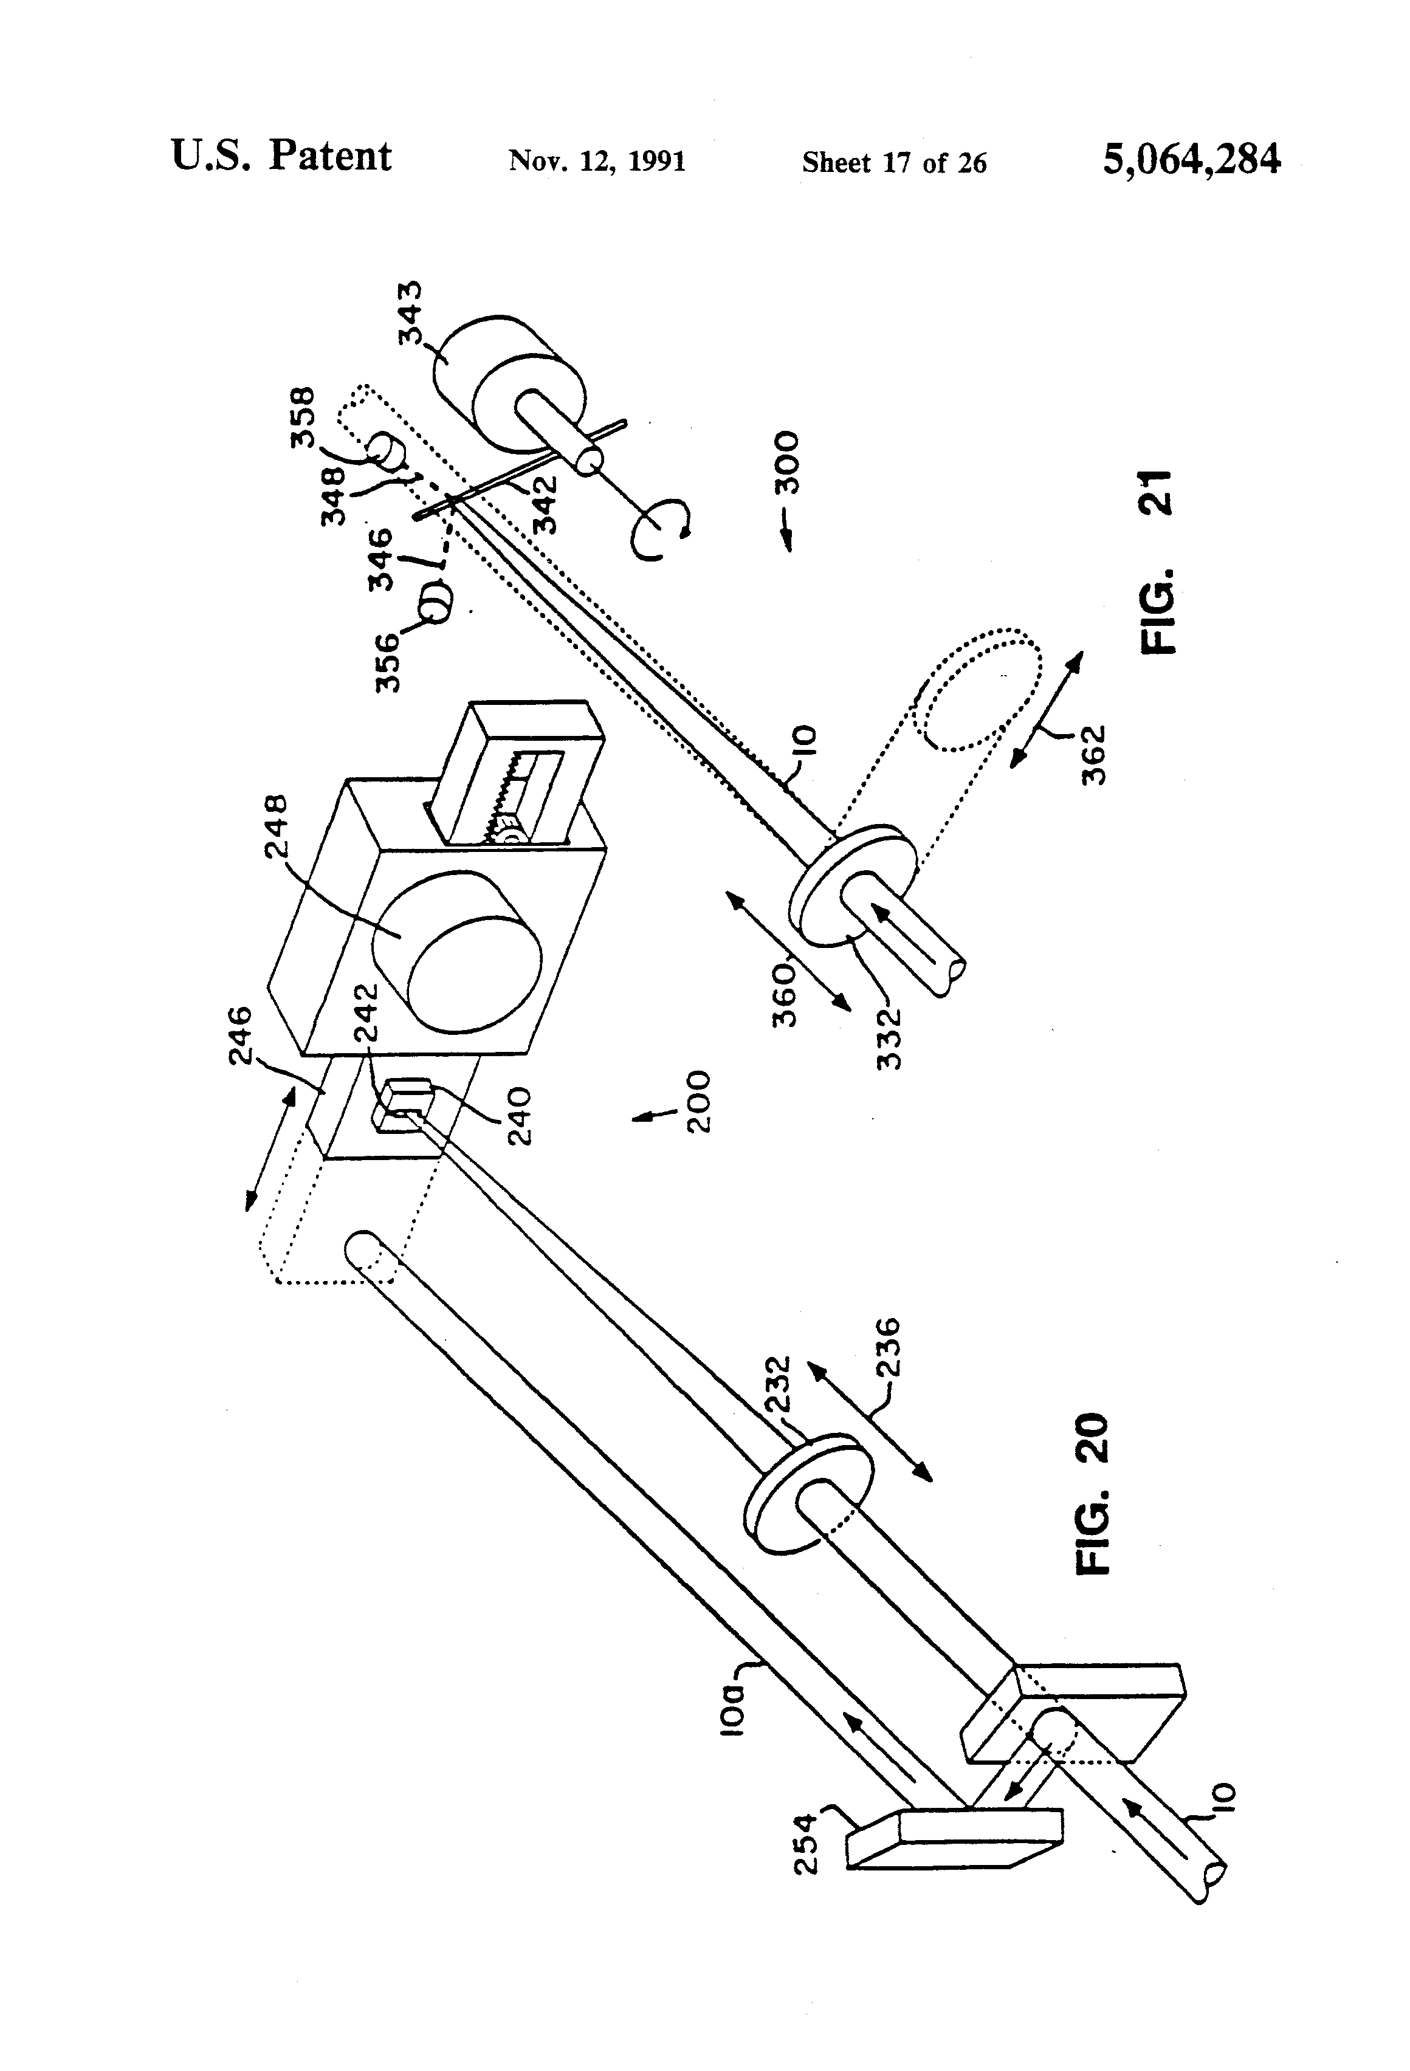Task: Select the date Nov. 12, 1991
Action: pyautogui.click(x=597, y=161)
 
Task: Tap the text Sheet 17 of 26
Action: pyautogui.click(x=894, y=162)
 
